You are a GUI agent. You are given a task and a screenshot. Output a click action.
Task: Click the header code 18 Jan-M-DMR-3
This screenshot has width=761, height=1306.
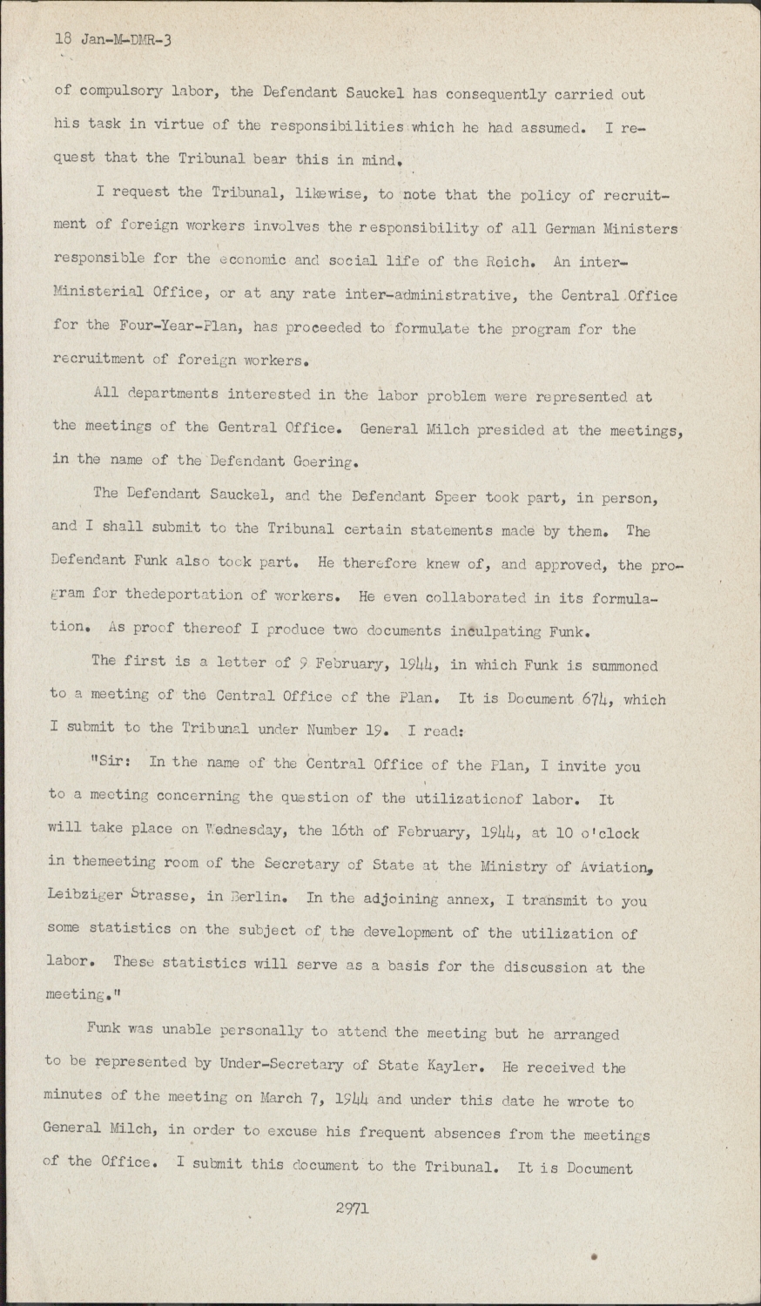pyautogui.click(x=113, y=39)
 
